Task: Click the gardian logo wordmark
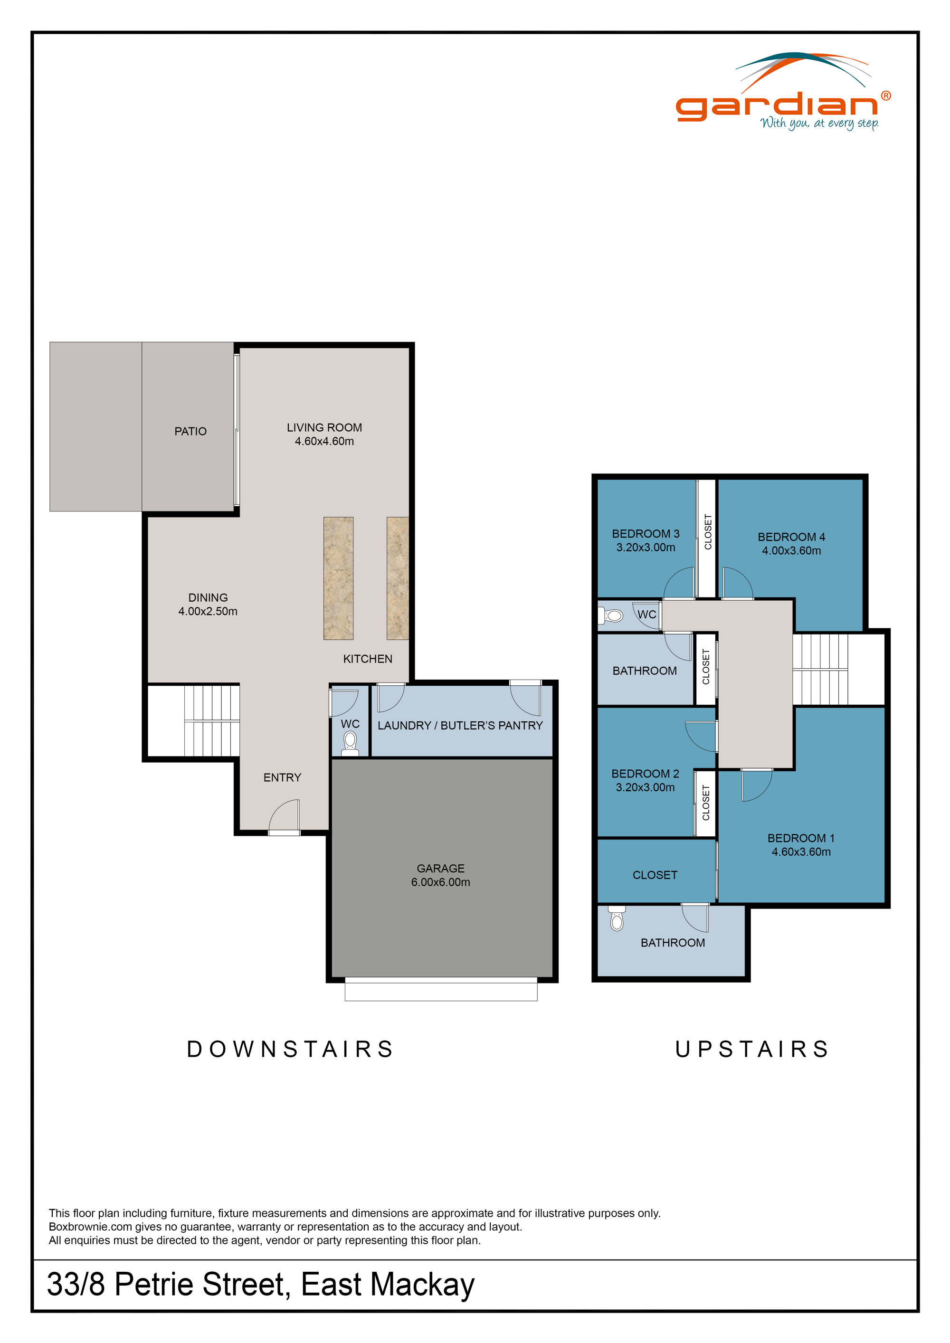pyautogui.click(x=777, y=106)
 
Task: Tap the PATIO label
pyautogui.click(x=190, y=431)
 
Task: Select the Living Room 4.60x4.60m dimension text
pyautogui.click(x=324, y=441)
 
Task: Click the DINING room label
pyautogui.click(x=208, y=597)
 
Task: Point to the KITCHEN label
pyautogui.click(x=367, y=659)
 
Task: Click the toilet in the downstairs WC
pyautogui.click(x=350, y=742)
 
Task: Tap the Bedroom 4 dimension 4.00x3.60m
pyautogui.click(x=791, y=550)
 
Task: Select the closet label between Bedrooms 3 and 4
pyautogui.click(x=708, y=532)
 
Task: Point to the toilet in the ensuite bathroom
pyautogui.click(x=617, y=920)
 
